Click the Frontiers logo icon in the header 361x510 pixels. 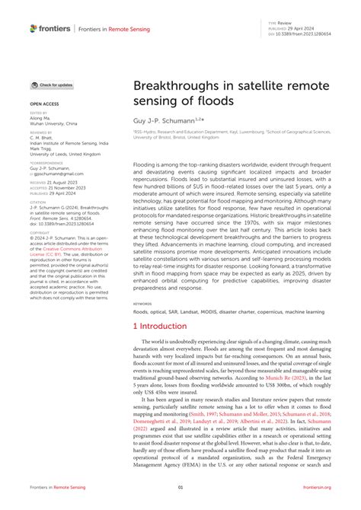click(34, 28)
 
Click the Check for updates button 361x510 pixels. click(53, 85)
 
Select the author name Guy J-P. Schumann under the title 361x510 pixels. click(163, 120)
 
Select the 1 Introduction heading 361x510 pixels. click(159, 326)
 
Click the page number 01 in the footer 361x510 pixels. click(180, 488)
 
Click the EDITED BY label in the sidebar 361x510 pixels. click(38, 113)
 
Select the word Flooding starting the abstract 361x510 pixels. click(148, 163)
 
